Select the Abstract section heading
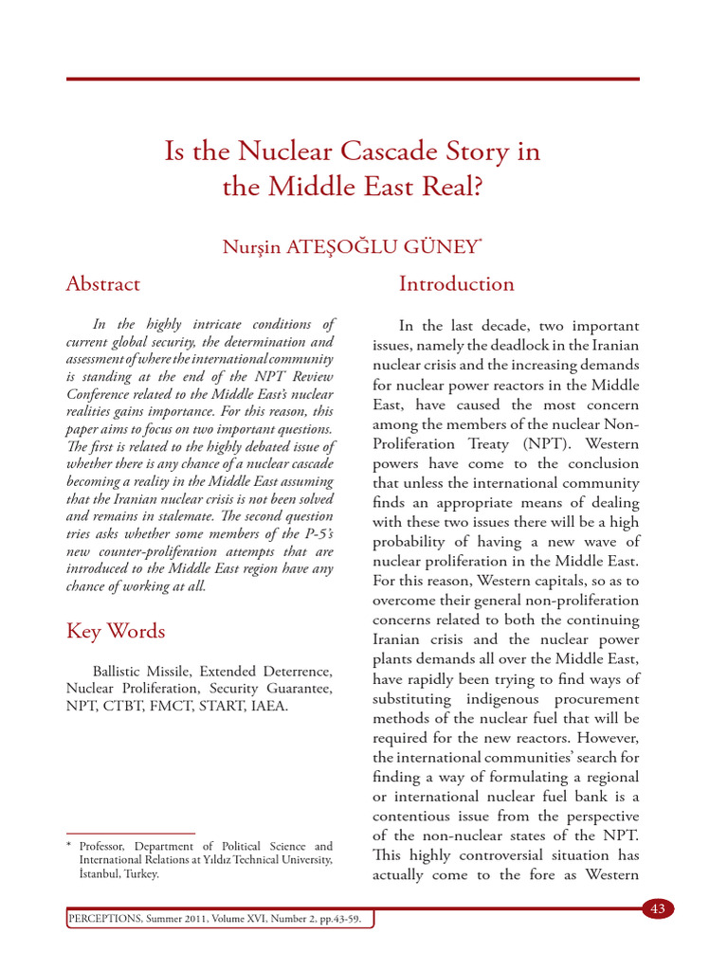click(x=102, y=283)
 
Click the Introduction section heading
click(x=456, y=283)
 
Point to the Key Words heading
click(x=116, y=631)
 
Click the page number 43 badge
click(x=657, y=909)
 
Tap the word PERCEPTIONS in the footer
click(x=102, y=920)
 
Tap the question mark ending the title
click(x=476, y=187)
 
